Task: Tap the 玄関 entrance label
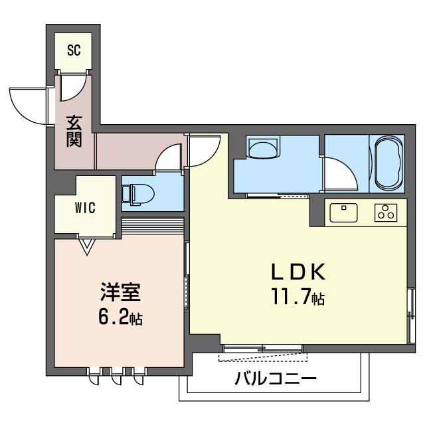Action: tap(73, 132)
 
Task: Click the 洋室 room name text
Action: tap(121, 292)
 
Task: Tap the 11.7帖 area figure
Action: tap(296, 297)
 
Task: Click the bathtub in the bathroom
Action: tap(388, 163)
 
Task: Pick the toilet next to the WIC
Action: tap(139, 193)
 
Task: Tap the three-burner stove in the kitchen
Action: tap(385, 212)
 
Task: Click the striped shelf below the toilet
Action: tap(153, 225)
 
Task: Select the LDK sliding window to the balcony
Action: tap(263, 348)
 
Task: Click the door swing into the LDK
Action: tap(205, 150)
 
